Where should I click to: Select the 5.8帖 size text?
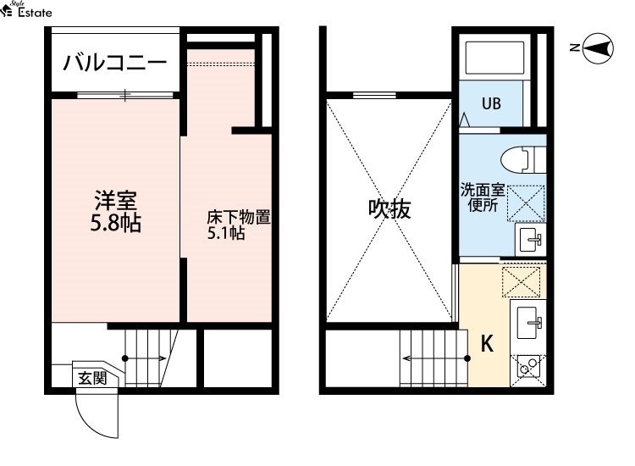116,225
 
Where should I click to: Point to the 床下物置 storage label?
239,217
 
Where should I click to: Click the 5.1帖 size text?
226,234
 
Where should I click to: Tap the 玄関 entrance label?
92,379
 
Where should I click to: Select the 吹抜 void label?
389,209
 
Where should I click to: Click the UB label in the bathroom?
491,105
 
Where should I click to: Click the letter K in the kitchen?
488,344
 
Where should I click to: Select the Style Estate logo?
27,10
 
